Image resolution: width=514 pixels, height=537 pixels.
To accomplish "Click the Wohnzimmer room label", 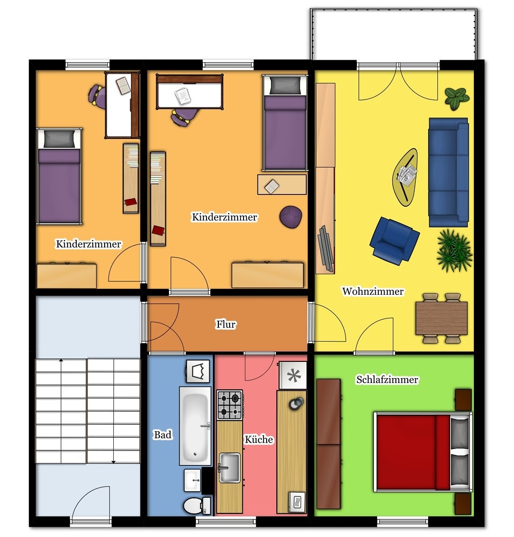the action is click(x=373, y=291).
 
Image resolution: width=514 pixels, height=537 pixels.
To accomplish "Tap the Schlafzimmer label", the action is click(x=387, y=380).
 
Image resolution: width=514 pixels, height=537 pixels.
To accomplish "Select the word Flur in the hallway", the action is click(x=225, y=324).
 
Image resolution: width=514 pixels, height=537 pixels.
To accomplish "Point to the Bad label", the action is click(x=163, y=434).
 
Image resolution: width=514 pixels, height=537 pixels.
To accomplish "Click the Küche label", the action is click(x=259, y=439).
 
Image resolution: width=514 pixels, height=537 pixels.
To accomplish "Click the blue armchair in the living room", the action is click(x=394, y=241).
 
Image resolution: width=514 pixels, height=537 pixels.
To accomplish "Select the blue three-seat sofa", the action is click(x=449, y=172).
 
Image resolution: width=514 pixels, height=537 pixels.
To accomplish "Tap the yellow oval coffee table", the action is click(x=406, y=177).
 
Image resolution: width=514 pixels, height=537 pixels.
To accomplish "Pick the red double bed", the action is click(x=423, y=452).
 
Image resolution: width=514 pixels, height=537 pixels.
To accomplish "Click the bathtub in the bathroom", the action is click(x=195, y=426).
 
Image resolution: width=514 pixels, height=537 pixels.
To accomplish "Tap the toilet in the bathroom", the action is click(x=197, y=505).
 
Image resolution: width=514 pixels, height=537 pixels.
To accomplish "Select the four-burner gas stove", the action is click(x=230, y=405).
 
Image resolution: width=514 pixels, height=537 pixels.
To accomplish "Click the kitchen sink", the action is click(x=229, y=467).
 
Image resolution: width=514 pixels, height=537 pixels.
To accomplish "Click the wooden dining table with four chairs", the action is click(x=442, y=318).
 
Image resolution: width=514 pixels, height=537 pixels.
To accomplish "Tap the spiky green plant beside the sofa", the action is click(x=454, y=251).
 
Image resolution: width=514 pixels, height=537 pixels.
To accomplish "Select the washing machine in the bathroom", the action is click(x=197, y=371).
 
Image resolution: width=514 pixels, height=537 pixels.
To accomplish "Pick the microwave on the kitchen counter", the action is click(x=297, y=502).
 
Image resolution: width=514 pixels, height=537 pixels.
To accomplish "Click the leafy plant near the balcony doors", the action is click(x=457, y=98).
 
